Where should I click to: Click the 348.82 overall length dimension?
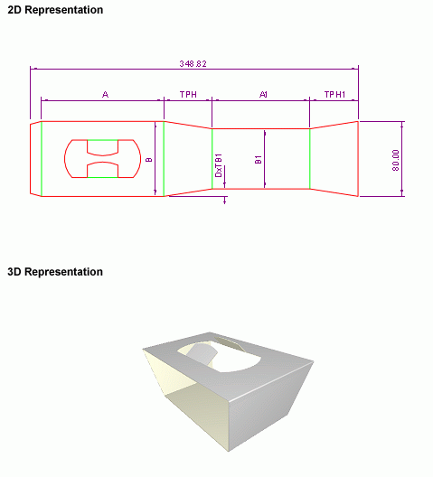(x=193, y=64)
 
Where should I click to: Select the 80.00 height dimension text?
(x=396, y=160)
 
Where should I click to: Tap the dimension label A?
(x=105, y=95)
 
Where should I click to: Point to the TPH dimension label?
(x=188, y=95)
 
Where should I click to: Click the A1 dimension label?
(x=263, y=95)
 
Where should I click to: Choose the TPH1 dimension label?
(x=334, y=95)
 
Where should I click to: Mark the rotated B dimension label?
(x=149, y=159)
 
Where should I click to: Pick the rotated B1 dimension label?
(x=259, y=159)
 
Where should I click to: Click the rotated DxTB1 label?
(x=219, y=165)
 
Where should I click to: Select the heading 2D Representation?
(x=55, y=10)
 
